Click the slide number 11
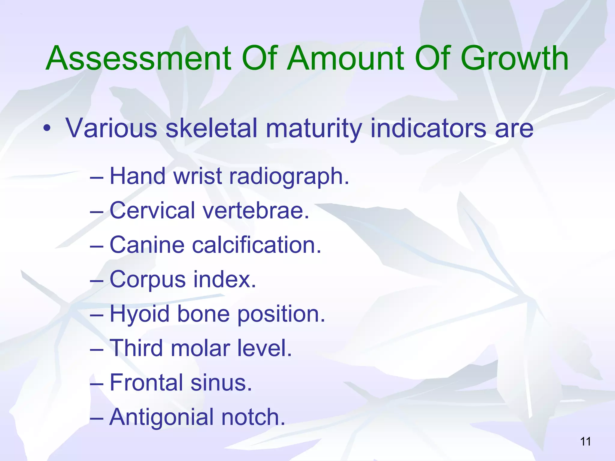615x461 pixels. (x=585, y=441)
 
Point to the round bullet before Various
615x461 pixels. (x=47, y=129)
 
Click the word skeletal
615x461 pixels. (x=211, y=128)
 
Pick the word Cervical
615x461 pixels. (x=152, y=210)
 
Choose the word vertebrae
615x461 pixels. (x=256, y=210)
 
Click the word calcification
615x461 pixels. (x=256, y=245)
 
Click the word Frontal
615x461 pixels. (x=146, y=383)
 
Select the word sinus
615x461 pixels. (x=221, y=383)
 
